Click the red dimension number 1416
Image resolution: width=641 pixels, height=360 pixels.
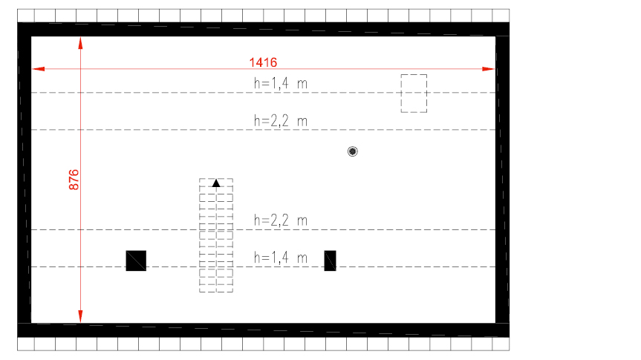tap(263, 62)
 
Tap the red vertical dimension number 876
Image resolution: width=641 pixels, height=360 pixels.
tap(74, 180)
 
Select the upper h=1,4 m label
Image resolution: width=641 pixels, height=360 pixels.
tap(281, 83)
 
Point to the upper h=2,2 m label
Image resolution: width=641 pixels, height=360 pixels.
tap(281, 121)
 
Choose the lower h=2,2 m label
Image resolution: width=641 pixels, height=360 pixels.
tap(281, 220)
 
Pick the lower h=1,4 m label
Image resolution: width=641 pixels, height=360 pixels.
tap(281, 258)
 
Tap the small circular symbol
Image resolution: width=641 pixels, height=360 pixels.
tap(352, 151)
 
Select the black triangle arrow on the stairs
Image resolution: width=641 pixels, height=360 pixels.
tap(216, 183)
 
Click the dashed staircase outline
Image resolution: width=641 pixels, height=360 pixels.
tap(200, 235)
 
